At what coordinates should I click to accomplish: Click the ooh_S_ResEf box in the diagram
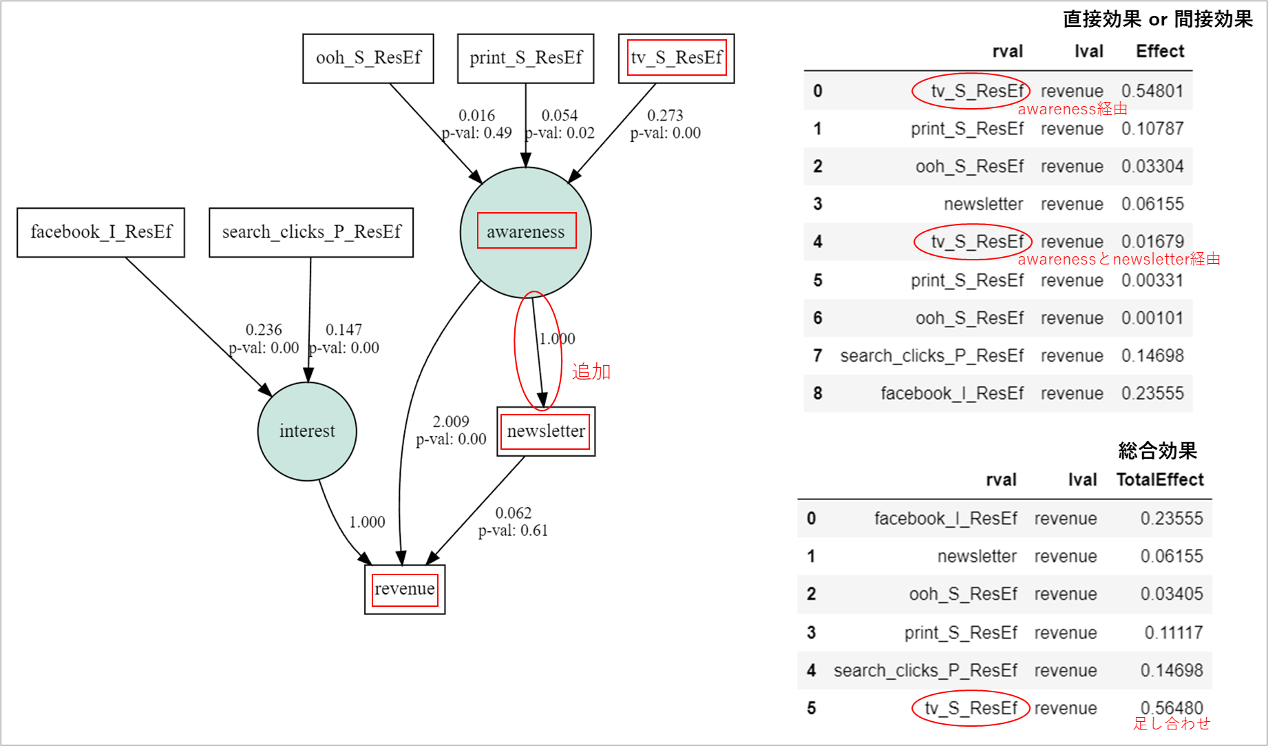(x=368, y=59)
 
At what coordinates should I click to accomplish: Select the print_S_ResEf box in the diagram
(x=525, y=59)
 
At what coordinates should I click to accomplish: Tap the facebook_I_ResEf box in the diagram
(x=101, y=232)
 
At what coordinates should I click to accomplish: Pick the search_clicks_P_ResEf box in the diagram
(x=311, y=232)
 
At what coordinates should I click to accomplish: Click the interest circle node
(x=307, y=431)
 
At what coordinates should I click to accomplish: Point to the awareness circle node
(x=526, y=232)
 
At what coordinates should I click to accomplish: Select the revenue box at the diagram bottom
(x=405, y=589)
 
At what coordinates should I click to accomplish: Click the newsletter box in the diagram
(x=546, y=431)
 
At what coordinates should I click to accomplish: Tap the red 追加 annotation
(x=591, y=372)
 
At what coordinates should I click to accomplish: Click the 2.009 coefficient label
(x=451, y=422)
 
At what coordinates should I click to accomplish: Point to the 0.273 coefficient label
(x=665, y=115)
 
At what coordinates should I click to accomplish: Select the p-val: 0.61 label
(x=513, y=530)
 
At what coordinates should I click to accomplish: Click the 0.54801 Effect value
(x=1152, y=91)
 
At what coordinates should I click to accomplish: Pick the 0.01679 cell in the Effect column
(x=1152, y=242)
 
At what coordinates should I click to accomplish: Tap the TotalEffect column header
(x=1160, y=479)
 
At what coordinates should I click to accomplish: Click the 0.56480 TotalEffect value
(x=1172, y=707)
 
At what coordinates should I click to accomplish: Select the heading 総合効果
(x=1158, y=450)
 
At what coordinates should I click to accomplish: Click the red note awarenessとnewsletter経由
(x=1119, y=259)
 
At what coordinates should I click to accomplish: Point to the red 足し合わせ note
(x=1172, y=723)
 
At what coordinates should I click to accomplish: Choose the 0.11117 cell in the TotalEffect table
(x=1173, y=632)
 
